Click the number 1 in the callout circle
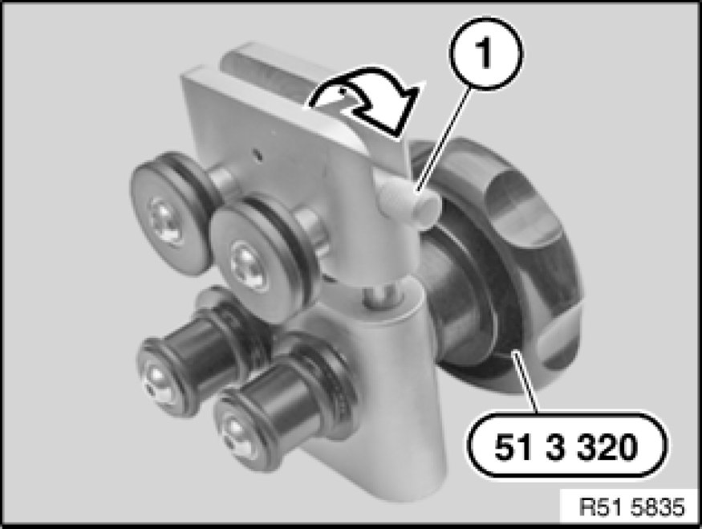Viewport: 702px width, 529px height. tap(485, 53)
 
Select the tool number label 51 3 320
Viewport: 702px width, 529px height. tap(566, 446)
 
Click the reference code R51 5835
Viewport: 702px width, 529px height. tap(631, 507)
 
